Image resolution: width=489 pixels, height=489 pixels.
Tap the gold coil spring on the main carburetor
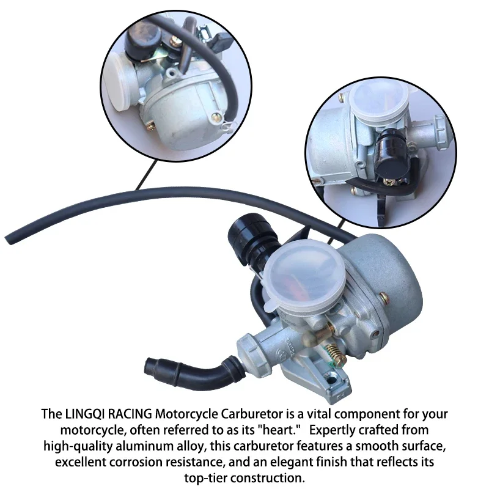click(334, 353)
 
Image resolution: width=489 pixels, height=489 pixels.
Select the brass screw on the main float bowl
click(383, 298)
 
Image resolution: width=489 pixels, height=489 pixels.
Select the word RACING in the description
click(128, 414)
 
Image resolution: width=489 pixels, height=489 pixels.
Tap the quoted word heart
click(278, 430)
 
